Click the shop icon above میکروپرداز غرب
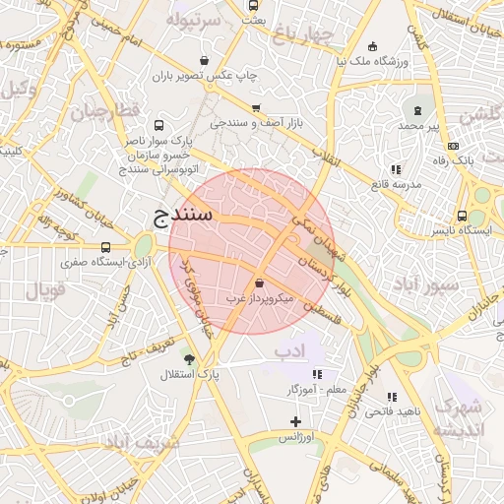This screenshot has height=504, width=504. pos(259,283)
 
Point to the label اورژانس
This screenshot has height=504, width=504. pos(296,435)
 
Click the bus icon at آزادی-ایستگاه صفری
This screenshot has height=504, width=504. pos(105,247)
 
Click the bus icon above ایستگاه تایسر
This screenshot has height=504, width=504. pos(462,216)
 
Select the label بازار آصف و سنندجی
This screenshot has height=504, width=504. pos(260,123)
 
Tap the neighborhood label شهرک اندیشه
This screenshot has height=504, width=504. pos(460,418)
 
